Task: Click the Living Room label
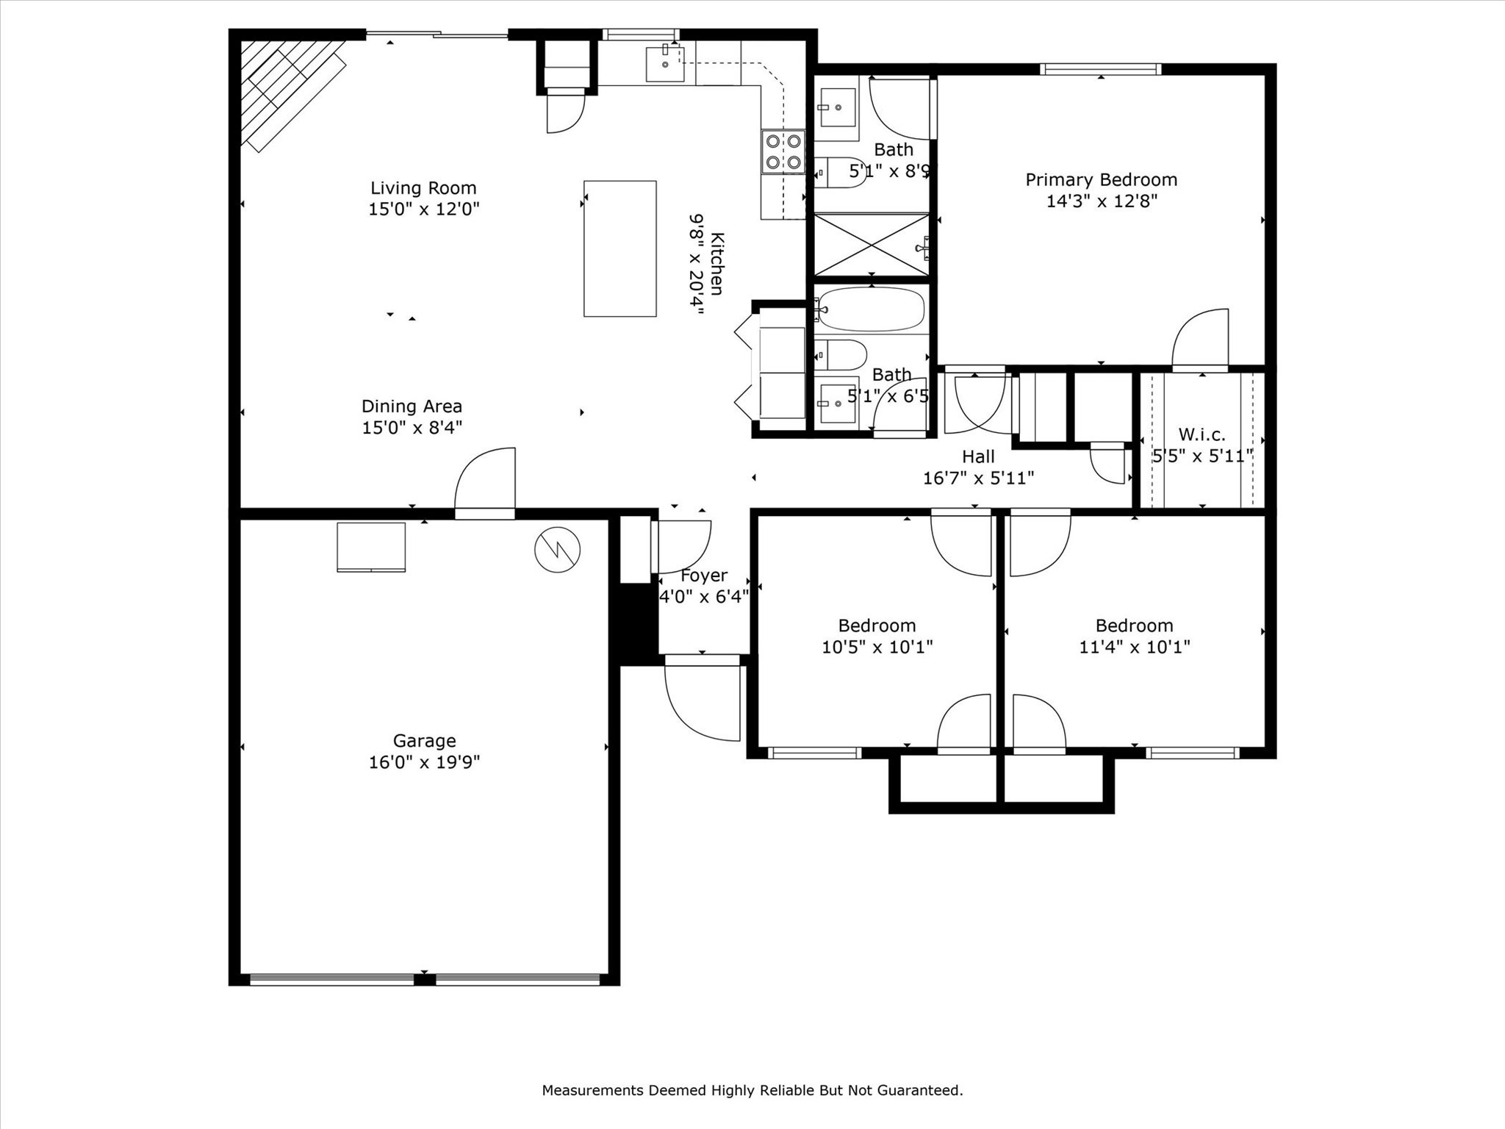[x=423, y=188]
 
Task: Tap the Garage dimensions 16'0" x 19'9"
[x=424, y=762]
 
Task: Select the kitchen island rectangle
[x=619, y=248]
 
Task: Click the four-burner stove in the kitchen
[x=783, y=151]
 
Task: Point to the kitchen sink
[x=665, y=64]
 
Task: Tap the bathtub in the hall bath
[x=871, y=309]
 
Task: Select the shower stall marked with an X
[x=872, y=244]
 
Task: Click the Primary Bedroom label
[x=1101, y=180]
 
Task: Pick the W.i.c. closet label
[x=1202, y=434]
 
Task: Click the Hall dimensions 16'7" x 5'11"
[x=978, y=479]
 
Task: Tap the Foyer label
[x=704, y=576]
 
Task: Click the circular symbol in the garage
[x=558, y=549]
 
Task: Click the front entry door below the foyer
[x=702, y=698]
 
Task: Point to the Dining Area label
[x=412, y=406]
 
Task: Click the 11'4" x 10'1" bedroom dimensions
[x=1134, y=647]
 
